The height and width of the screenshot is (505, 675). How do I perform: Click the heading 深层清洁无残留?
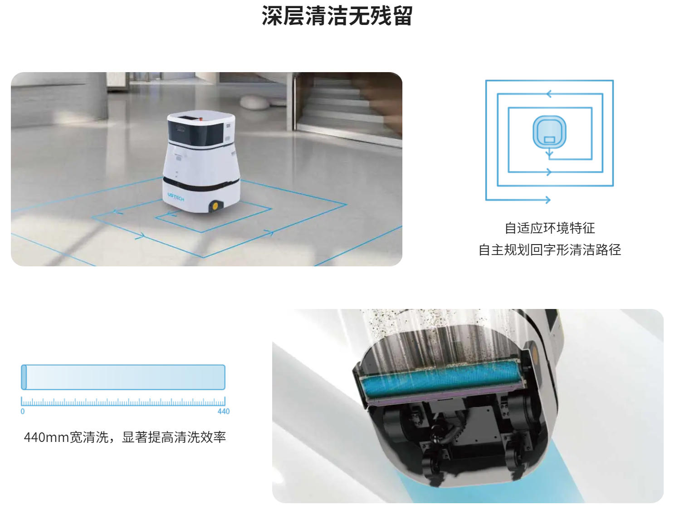point(337,15)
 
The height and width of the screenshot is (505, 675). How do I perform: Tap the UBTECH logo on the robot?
point(176,196)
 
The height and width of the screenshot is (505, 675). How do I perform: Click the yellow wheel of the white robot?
point(215,206)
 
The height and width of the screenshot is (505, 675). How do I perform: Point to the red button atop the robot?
point(201,119)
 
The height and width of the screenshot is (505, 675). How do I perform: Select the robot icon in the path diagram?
point(549,132)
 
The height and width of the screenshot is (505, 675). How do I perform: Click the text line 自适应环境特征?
point(550,228)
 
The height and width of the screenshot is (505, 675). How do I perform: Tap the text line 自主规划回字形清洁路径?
point(550,250)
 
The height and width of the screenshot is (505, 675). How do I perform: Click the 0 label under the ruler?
point(23,411)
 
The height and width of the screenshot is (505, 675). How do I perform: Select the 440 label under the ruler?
point(224,411)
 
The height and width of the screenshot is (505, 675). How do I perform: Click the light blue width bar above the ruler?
point(123,377)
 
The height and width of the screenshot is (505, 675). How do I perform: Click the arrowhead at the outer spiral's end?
point(548,200)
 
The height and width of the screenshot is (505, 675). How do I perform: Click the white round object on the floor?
point(254,102)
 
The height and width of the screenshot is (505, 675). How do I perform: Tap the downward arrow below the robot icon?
point(549,153)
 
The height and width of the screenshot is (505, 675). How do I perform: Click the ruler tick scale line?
point(123,402)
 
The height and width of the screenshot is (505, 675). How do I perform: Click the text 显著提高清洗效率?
point(174,437)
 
